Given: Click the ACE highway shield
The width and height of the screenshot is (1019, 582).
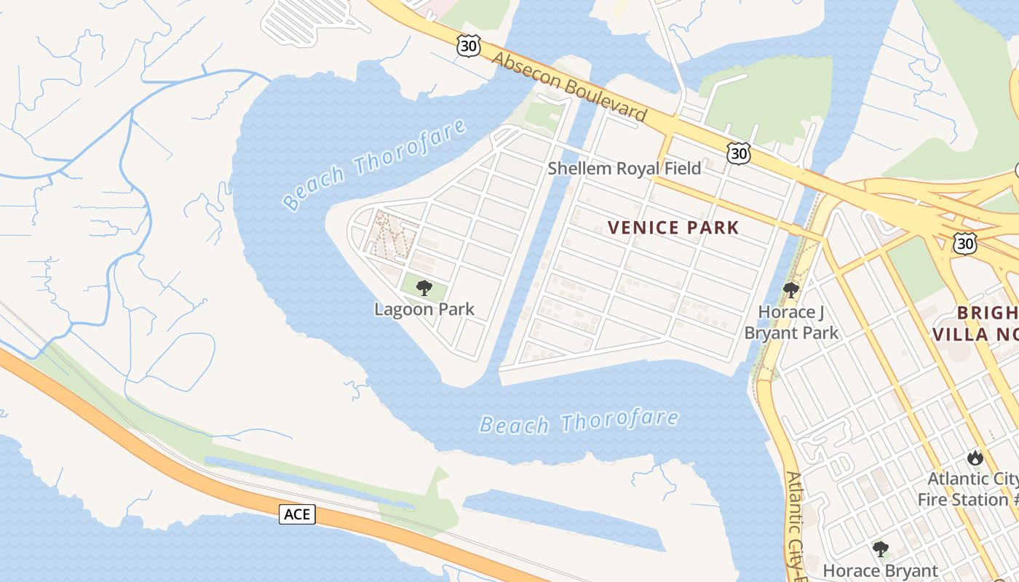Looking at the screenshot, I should pyautogui.click(x=296, y=514).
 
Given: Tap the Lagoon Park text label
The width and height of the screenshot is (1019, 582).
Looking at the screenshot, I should pyautogui.click(x=424, y=309).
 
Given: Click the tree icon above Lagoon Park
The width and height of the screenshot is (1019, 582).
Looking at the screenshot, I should pyautogui.click(x=424, y=288).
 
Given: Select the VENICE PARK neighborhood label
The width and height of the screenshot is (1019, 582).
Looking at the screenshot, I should pyautogui.click(x=673, y=228).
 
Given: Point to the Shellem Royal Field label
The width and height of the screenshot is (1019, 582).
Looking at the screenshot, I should pyautogui.click(x=624, y=169).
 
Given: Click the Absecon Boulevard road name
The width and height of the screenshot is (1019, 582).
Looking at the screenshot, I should pyautogui.click(x=570, y=86).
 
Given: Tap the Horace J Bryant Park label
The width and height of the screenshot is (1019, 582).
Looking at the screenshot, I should pyautogui.click(x=791, y=322).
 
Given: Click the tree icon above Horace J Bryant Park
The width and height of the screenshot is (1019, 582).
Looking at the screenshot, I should pyautogui.click(x=791, y=291).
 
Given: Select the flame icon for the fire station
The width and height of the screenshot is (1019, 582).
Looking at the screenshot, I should pyautogui.click(x=975, y=458).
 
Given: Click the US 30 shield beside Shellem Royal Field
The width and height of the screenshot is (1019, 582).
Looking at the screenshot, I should pyautogui.click(x=738, y=154).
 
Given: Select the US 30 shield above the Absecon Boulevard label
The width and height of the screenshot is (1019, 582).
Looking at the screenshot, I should pyautogui.click(x=469, y=46).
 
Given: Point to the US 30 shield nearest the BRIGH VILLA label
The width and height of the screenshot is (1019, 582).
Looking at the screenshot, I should pyautogui.click(x=965, y=244).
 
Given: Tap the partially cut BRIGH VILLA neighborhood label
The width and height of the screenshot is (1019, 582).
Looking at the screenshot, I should pyautogui.click(x=975, y=324).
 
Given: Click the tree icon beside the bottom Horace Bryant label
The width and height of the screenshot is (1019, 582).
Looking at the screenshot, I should pyautogui.click(x=881, y=549).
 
